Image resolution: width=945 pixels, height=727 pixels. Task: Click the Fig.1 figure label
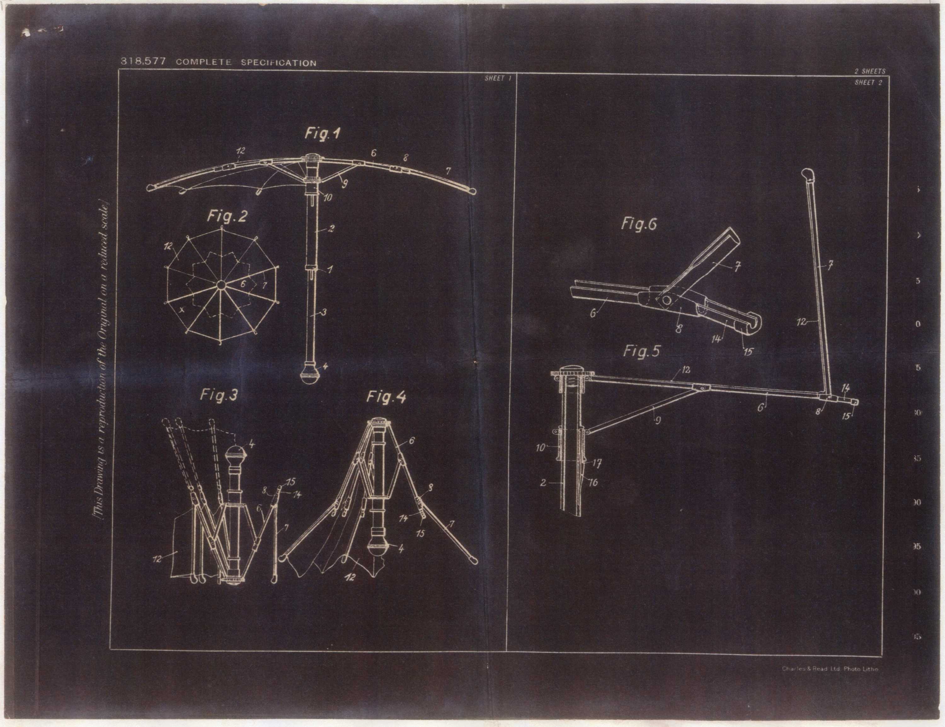click(x=322, y=134)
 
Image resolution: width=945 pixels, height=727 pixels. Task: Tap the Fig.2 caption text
click(x=227, y=216)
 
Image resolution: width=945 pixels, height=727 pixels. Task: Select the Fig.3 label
click(x=219, y=395)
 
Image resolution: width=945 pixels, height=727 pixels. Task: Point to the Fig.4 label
click(x=387, y=397)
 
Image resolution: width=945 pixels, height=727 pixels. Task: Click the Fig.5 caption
click(x=642, y=352)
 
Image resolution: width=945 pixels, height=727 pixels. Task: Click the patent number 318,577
click(x=143, y=61)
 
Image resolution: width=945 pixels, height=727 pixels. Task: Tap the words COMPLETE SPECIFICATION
click(x=246, y=62)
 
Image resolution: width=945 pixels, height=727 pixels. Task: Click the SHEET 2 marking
click(x=868, y=83)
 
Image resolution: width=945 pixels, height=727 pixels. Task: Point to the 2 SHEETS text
click(x=870, y=72)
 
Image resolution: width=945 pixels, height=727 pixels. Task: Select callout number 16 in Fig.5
click(x=593, y=482)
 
